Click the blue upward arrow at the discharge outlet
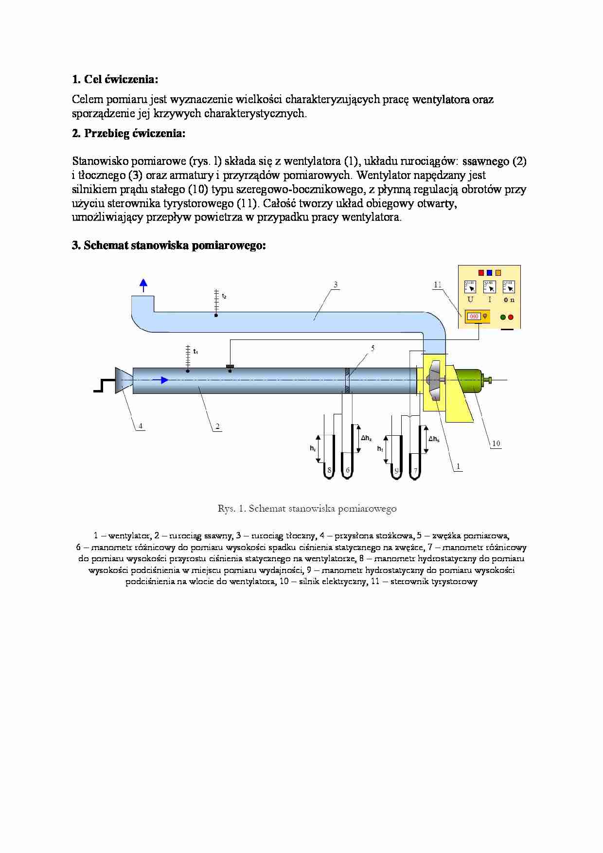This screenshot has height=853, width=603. click(x=143, y=285)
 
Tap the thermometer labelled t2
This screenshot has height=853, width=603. click(x=216, y=303)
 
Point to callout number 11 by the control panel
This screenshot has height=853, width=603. click(x=438, y=284)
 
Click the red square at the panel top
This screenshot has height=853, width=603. click(x=481, y=272)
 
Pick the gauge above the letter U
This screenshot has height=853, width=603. click(x=470, y=286)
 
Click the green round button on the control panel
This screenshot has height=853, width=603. click(x=503, y=317)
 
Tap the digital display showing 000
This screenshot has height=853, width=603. click(x=474, y=317)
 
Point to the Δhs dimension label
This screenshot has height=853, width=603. click(x=433, y=439)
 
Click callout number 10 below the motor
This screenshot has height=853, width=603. click(x=496, y=443)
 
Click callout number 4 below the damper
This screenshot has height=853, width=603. click(x=141, y=426)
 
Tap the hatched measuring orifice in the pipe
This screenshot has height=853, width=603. click(x=347, y=380)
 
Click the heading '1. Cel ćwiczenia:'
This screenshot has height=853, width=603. click(x=115, y=79)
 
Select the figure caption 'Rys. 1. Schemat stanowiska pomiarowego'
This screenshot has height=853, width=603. click(x=307, y=509)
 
